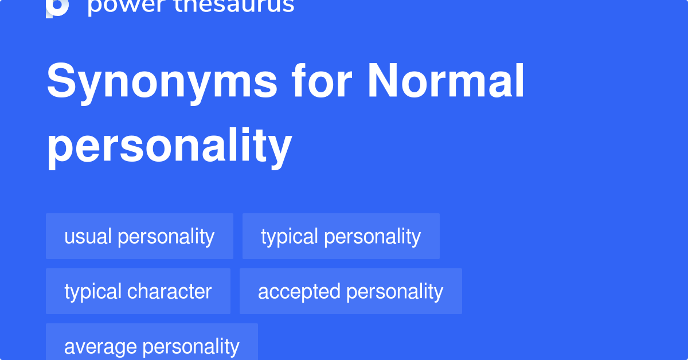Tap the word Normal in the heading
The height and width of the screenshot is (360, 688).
(x=445, y=81)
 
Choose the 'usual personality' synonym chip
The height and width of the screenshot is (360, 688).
(x=139, y=236)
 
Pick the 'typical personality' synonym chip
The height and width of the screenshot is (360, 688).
(x=341, y=236)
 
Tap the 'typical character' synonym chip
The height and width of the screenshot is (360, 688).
(x=138, y=291)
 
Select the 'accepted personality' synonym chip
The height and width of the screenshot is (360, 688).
(x=350, y=291)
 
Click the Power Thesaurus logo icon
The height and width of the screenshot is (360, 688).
(x=57, y=7)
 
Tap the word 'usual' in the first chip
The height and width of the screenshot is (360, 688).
(x=88, y=236)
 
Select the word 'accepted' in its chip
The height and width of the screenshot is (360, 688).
(x=299, y=291)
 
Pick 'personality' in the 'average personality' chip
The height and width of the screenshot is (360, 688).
(x=191, y=346)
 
